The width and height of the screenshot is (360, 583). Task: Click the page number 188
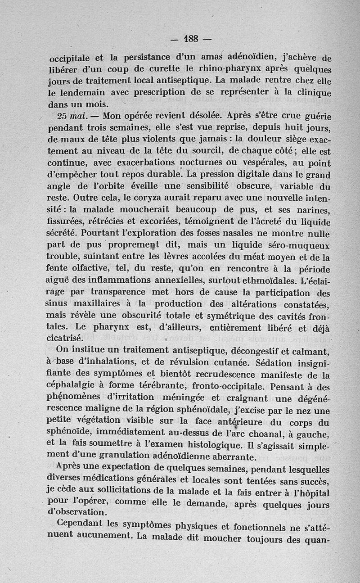pyautogui.click(x=191, y=39)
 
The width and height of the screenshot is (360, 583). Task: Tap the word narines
pyautogui.click(x=314, y=210)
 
